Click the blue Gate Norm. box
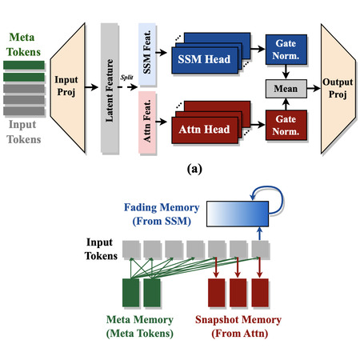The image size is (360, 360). click(x=286, y=50)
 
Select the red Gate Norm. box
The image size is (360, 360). click(x=286, y=126)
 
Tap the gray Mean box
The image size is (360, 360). click(x=286, y=89)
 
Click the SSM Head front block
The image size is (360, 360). click(x=205, y=60)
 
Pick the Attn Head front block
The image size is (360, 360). click(x=205, y=130)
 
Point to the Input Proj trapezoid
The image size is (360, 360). click(x=68, y=88)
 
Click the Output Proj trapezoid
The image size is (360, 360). click(x=338, y=89)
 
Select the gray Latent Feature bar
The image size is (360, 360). click(x=110, y=88)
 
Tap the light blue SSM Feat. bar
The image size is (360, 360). click(x=147, y=54)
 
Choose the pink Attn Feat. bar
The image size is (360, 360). click(x=147, y=122)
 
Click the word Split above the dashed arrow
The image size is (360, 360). click(x=126, y=78)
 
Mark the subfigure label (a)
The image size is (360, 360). click(x=194, y=169)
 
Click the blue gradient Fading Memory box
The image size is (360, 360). click(x=238, y=214)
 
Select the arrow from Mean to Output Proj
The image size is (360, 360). click(x=314, y=88)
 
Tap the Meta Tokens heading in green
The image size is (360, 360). click(x=22, y=45)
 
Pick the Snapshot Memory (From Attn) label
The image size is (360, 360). click(x=238, y=326)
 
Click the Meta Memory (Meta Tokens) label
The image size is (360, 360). click(x=140, y=326)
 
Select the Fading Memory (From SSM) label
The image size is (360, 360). click(x=162, y=214)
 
